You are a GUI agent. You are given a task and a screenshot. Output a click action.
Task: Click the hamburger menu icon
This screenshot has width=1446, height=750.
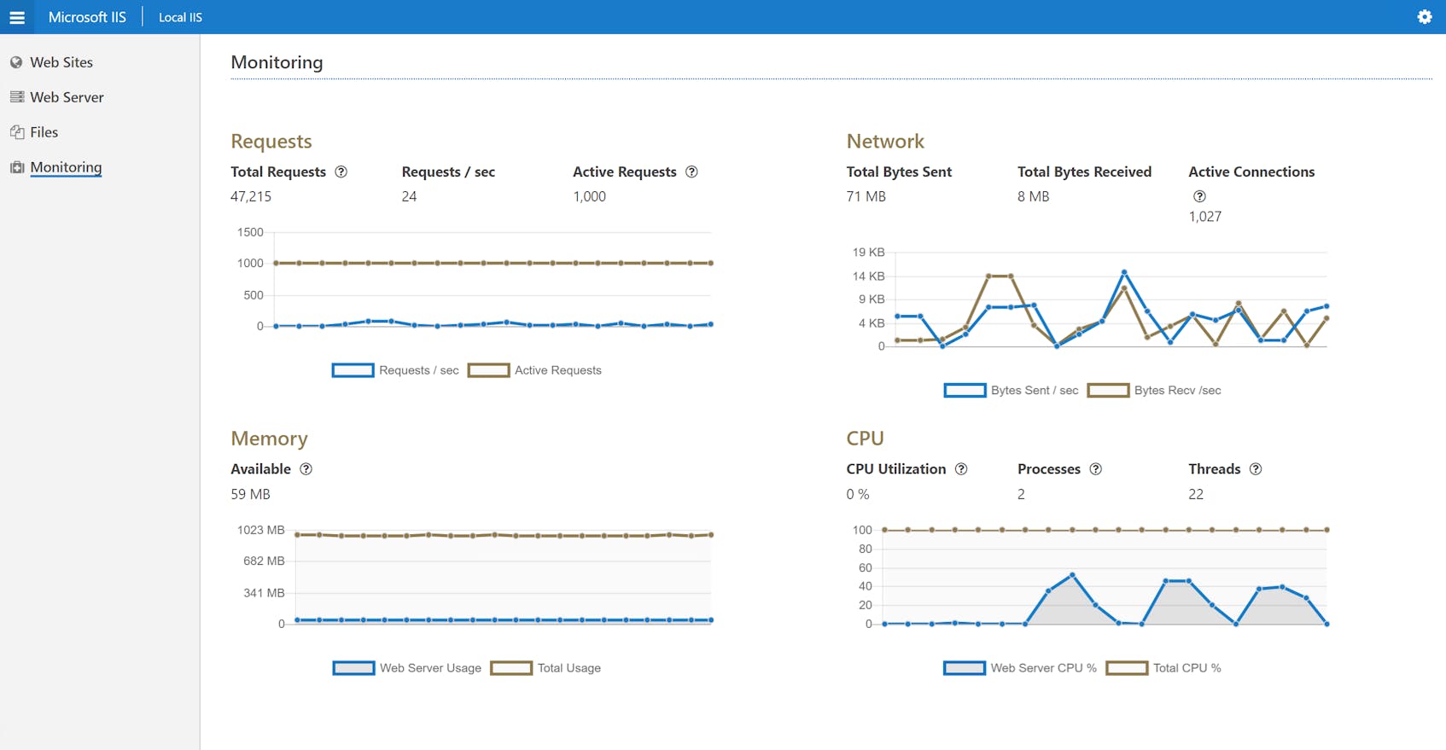[17, 17]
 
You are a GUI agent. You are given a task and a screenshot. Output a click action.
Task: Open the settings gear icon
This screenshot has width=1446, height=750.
[1424, 17]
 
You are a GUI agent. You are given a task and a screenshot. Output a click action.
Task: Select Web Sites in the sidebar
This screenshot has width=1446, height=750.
[61, 62]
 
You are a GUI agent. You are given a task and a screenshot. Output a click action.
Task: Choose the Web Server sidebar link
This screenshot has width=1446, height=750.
[67, 97]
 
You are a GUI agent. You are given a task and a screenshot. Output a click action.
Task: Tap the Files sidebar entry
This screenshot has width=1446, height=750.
[44, 132]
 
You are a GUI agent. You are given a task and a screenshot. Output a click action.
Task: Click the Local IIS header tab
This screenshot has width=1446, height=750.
[180, 17]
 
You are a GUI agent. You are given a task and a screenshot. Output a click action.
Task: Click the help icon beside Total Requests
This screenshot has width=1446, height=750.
[341, 172]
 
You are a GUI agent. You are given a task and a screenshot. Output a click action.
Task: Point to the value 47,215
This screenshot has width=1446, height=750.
[251, 196]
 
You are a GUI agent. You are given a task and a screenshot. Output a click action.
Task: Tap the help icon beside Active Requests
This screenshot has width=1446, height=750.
[691, 172]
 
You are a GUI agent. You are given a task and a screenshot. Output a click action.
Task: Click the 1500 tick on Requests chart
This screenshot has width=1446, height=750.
[250, 232]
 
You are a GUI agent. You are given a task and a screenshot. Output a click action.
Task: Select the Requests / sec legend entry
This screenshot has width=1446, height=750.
[395, 370]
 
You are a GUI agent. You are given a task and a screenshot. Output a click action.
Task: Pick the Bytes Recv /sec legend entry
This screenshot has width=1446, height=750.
[1154, 391]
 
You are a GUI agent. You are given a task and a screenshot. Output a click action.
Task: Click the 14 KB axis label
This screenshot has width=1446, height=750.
[868, 276]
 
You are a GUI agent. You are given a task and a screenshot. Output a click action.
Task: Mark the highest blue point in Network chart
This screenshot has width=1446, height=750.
[1124, 272]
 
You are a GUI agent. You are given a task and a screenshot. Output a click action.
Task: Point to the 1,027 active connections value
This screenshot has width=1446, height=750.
[1204, 217]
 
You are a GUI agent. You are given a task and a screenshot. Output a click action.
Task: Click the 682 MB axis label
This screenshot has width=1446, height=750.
[264, 561]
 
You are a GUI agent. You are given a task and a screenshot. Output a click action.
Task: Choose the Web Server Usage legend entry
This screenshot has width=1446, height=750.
[407, 668]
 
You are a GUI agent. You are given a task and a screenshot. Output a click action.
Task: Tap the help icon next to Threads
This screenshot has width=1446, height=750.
[1256, 469]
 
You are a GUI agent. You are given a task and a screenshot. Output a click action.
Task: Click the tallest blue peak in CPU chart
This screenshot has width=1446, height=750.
[1072, 575]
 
